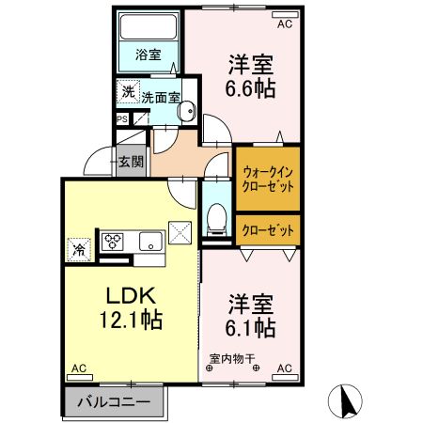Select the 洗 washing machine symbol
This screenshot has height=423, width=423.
click(127, 93)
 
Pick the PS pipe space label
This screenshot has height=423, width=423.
click(122, 118)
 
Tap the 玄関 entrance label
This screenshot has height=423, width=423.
click(131, 161)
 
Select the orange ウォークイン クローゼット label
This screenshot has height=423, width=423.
click(268, 179)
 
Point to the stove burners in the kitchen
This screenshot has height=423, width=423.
click(115, 241)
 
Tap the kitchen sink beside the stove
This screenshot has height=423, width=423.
click(149, 242)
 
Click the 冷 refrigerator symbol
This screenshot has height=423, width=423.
click(78, 250)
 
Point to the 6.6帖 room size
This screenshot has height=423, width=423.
click(251, 93)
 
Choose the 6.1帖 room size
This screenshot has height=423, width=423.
click(251, 329)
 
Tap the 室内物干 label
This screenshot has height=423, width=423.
click(231, 359)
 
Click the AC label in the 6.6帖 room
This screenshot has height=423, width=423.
click(283, 23)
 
